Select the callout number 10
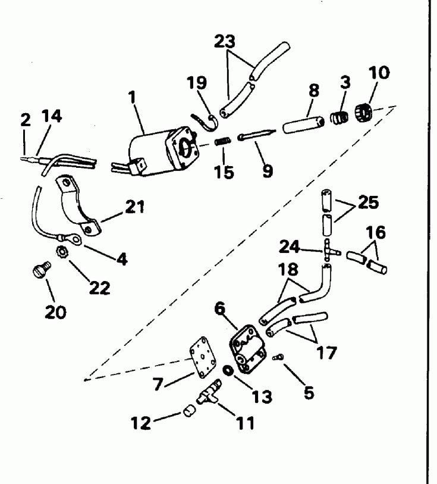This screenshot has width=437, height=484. (x=379, y=73)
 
